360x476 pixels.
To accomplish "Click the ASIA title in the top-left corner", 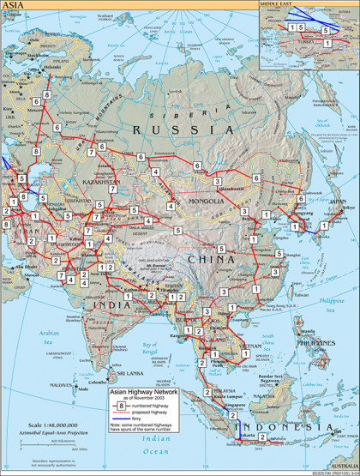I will [x=15, y=5].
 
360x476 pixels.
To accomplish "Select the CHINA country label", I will [x=215, y=259].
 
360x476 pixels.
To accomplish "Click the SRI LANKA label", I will [x=133, y=375].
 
